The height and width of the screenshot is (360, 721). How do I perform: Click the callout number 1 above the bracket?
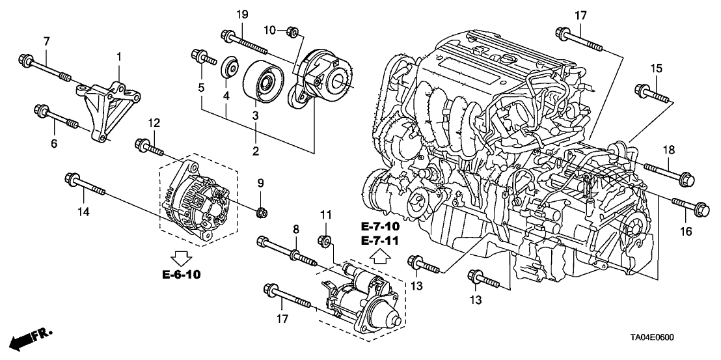click(x=119, y=58)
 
